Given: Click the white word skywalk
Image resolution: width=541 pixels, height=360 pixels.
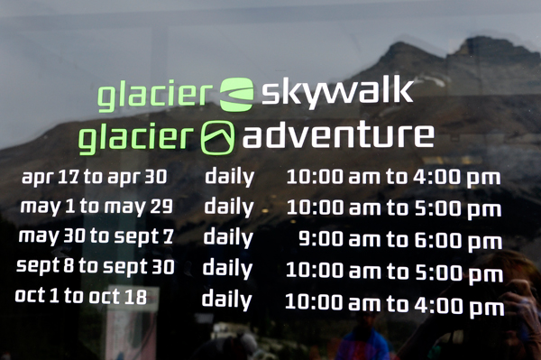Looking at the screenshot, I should [x=338, y=91].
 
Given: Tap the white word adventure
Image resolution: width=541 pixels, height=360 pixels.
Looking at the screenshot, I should [x=338, y=136].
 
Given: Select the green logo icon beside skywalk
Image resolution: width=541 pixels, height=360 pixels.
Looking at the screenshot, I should [x=237, y=93].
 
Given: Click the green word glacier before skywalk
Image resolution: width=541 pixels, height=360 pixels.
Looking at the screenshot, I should [x=155, y=94].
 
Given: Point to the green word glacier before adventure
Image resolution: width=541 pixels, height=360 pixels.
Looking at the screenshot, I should [x=136, y=139].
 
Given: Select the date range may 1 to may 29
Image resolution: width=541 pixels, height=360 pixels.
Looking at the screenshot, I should [x=96, y=206].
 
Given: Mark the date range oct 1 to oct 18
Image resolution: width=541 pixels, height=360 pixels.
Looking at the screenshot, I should [x=81, y=296].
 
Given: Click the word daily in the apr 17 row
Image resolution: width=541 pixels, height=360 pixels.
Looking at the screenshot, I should [x=230, y=176].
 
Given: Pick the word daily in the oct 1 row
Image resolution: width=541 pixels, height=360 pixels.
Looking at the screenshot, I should [x=226, y=299].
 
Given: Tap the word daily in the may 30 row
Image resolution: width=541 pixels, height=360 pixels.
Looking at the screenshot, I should [x=228, y=237].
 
